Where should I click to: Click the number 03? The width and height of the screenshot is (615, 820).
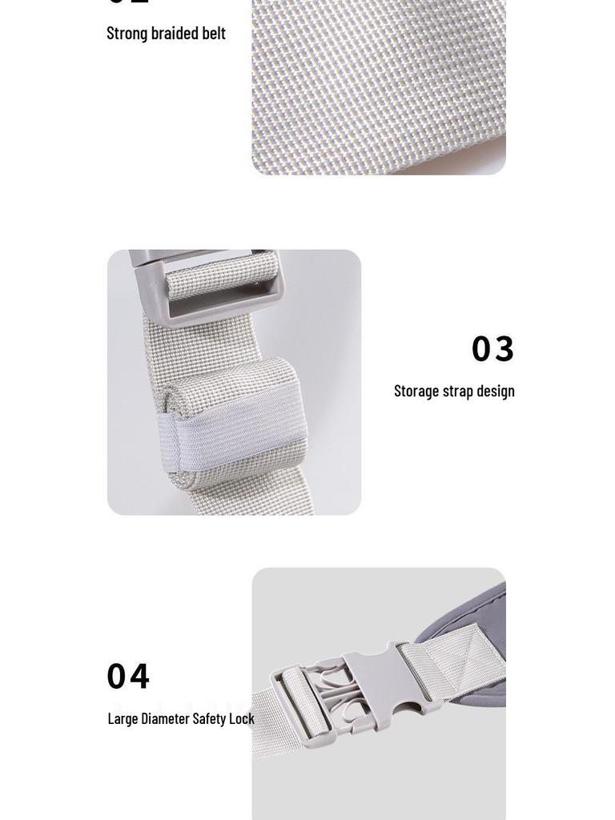pyautogui.click(x=492, y=349)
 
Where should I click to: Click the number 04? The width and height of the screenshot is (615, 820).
pyautogui.click(x=128, y=677)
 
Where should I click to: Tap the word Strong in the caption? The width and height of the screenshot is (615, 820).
pyautogui.click(x=127, y=34)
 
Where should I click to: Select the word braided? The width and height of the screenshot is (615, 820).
pyautogui.click(x=174, y=34)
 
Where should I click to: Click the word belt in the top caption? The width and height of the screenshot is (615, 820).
pyautogui.click(x=214, y=34)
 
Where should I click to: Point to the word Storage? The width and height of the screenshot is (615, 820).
pyautogui.click(x=416, y=392)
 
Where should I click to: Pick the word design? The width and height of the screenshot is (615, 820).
pyautogui.click(x=496, y=392)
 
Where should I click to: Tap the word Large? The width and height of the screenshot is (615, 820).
pyautogui.click(x=123, y=719)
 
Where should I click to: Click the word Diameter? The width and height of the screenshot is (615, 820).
pyautogui.click(x=166, y=719)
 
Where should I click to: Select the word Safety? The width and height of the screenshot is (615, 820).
pyautogui.click(x=209, y=719)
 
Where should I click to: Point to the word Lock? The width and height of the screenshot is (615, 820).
pyautogui.click(x=241, y=719)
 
